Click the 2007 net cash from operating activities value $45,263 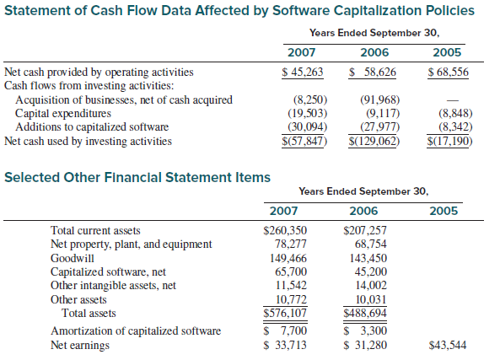[303, 72]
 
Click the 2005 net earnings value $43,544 [448, 345]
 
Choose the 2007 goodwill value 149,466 [288, 258]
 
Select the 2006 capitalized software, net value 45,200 [370, 271]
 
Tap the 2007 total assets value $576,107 [285, 313]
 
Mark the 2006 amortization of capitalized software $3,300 [365, 330]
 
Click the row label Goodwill [73, 258]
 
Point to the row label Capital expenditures [63, 114]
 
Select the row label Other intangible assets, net [113, 285]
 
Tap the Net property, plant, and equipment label [131, 244]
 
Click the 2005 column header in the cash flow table [447, 52]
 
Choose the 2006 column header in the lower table [363, 211]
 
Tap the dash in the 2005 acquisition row [453, 101]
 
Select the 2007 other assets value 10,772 [291, 299]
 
